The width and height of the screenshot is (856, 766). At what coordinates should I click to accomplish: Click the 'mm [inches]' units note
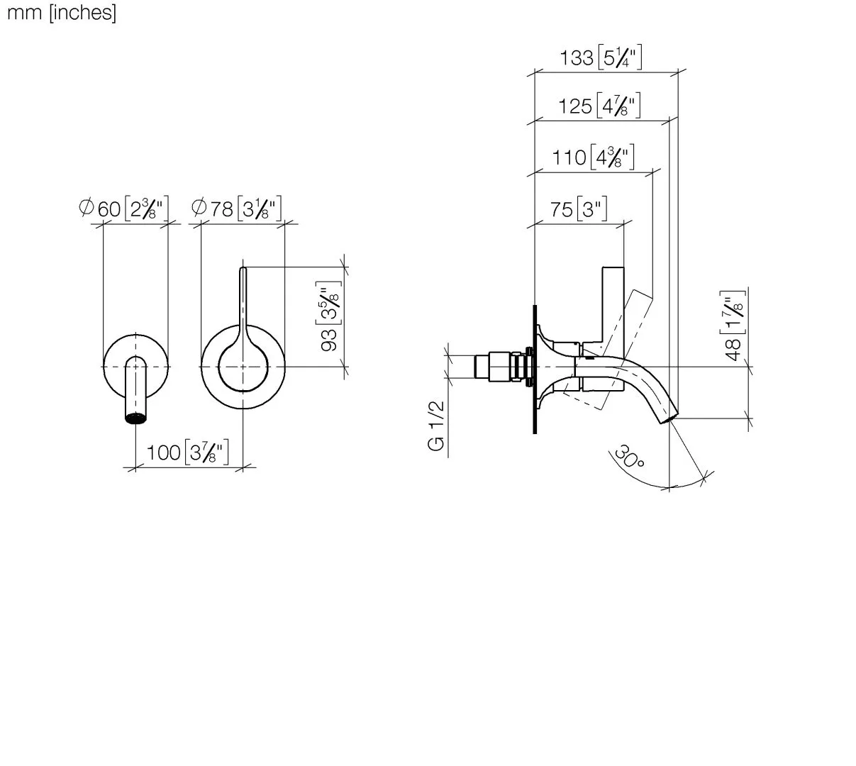pyautogui.click(x=61, y=13)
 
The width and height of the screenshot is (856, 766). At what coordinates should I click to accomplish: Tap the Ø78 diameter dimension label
pyautogui.click(x=237, y=209)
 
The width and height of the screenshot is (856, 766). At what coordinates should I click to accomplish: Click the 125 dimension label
pyautogui.click(x=599, y=106)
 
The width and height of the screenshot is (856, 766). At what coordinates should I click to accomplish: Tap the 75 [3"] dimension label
pyautogui.click(x=578, y=209)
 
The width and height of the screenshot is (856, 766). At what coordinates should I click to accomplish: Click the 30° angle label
pyautogui.click(x=629, y=457)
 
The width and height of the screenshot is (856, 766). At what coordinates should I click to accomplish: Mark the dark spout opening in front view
pyautogui.click(x=136, y=418)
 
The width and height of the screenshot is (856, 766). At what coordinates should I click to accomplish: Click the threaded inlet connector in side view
pyautogui.click(x=500, y=367)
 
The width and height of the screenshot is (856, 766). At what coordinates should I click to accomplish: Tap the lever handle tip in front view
pyautogui.click(x=243, y=270)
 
